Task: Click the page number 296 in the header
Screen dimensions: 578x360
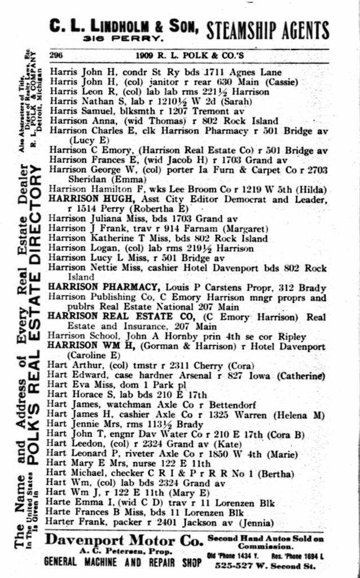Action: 56,55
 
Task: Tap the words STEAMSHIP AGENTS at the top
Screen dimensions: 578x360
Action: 267,29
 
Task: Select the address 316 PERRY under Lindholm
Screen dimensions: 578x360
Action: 124,40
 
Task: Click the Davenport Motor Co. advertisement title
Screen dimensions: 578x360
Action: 124,540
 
